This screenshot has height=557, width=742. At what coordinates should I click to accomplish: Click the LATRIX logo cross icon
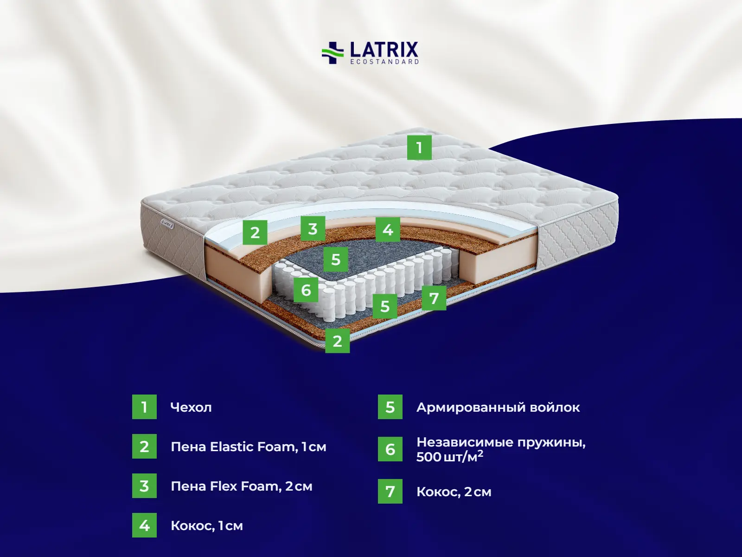coord(333,53)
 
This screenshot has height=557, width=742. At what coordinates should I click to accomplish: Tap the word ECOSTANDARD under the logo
coord(385,62)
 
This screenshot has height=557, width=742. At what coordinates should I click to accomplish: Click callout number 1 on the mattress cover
coord(419,148)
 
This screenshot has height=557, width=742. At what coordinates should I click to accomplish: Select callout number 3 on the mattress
coord(313,229)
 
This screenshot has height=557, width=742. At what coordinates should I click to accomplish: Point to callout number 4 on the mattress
coord(388,230)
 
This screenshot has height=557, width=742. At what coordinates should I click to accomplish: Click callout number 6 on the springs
coord(306,290)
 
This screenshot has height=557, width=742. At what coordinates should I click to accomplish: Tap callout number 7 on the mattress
coord(434,298)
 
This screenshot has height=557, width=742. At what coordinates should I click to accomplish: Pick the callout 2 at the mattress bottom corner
coord(337,341)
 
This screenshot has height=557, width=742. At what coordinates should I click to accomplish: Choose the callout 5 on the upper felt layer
coord(336,259)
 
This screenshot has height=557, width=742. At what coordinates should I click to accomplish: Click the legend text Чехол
coord(191,407)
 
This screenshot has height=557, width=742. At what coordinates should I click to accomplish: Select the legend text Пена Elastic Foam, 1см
coord(249,447)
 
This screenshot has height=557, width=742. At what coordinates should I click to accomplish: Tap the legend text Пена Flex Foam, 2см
coord(241,486)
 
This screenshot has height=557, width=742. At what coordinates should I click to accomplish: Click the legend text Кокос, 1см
coord(206,526)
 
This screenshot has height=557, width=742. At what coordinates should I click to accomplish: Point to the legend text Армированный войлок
coord(498,408)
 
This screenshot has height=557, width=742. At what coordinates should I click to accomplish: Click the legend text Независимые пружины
coord(501,442)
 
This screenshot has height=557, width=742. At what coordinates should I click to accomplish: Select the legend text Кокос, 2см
coord(454,492)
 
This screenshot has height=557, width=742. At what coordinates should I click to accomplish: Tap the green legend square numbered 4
coord(144,525)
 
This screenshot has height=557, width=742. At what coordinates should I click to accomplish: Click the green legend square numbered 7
coord(390,491)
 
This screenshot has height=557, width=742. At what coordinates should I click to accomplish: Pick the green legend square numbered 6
coord(390,449)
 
